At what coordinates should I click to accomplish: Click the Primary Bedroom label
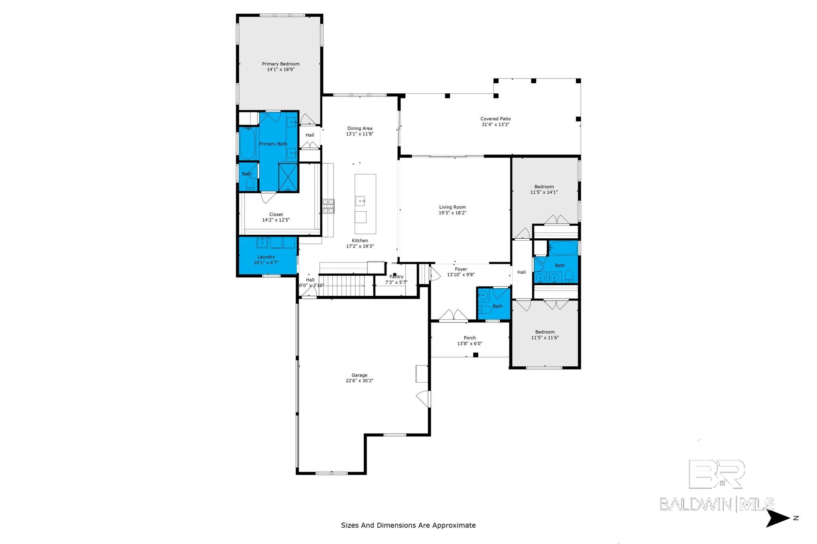point(280,64)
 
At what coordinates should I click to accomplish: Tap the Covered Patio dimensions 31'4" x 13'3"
point(495,124)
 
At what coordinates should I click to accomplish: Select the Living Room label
point(452,207)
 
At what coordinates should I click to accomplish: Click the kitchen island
point(365,204)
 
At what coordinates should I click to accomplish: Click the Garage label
point(359,375)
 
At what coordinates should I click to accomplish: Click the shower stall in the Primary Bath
point(288,177)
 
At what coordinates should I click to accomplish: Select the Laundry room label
point(266,257)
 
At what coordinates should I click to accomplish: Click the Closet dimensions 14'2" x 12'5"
point(276,220)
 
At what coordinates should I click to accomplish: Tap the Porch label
point(470,338)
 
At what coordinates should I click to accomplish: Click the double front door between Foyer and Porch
point(454,315)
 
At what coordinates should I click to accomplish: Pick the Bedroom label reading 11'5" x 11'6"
point(545,332)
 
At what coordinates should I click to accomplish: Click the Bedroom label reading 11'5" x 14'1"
point(544,187)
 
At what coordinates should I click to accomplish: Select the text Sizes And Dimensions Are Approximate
point(408,525)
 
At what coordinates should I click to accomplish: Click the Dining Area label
point(359,128)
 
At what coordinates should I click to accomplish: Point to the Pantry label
point(396,277)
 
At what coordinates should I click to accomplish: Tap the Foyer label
point(461,269)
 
